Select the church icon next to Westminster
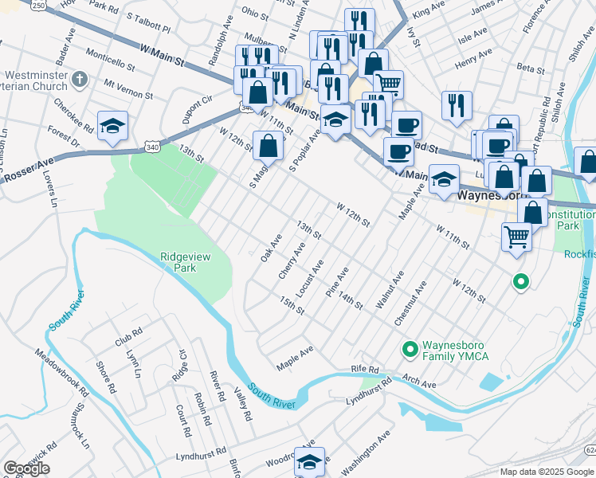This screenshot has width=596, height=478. [78, 80]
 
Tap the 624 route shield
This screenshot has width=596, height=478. [590, 451]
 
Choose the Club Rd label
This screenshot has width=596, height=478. [127, 335]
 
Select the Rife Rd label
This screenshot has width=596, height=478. [367, 370]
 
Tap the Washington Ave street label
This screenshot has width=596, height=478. [365, 451]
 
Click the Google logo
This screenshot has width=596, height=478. [26, 468]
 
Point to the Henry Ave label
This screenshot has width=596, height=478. [470, 61]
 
